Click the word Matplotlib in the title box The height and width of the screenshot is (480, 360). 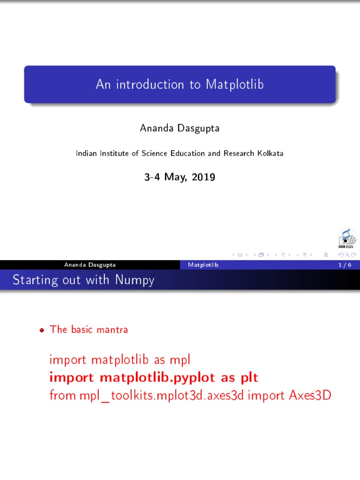[x=234, y=84]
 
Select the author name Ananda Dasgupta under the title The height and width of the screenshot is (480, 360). [x=180, y=128]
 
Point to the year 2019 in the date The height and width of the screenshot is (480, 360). [x=204, y=177]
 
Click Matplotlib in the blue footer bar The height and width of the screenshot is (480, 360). [x=203, y=265]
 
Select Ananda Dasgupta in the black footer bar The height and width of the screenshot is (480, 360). [x=90, y=265]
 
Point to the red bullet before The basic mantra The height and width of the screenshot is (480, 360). [x=42, y=330]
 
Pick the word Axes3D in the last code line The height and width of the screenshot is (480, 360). [x=310, y=395]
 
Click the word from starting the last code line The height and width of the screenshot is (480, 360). [x=63, y=395]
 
